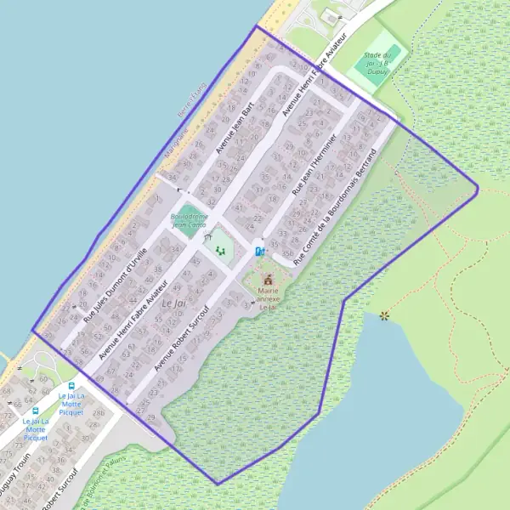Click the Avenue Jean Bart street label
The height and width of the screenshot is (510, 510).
pyautogui.click(x=235, y=129)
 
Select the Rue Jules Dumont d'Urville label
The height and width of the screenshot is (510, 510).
pyautogui.click(x=116, y=283)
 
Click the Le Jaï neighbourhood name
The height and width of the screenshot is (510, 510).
pyautogui.click(x=173, y=303)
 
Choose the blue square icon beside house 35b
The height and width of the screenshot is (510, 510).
pyautogui.click(x=259, y=251)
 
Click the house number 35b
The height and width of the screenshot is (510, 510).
pyautogui.click(x=274, y=252)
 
